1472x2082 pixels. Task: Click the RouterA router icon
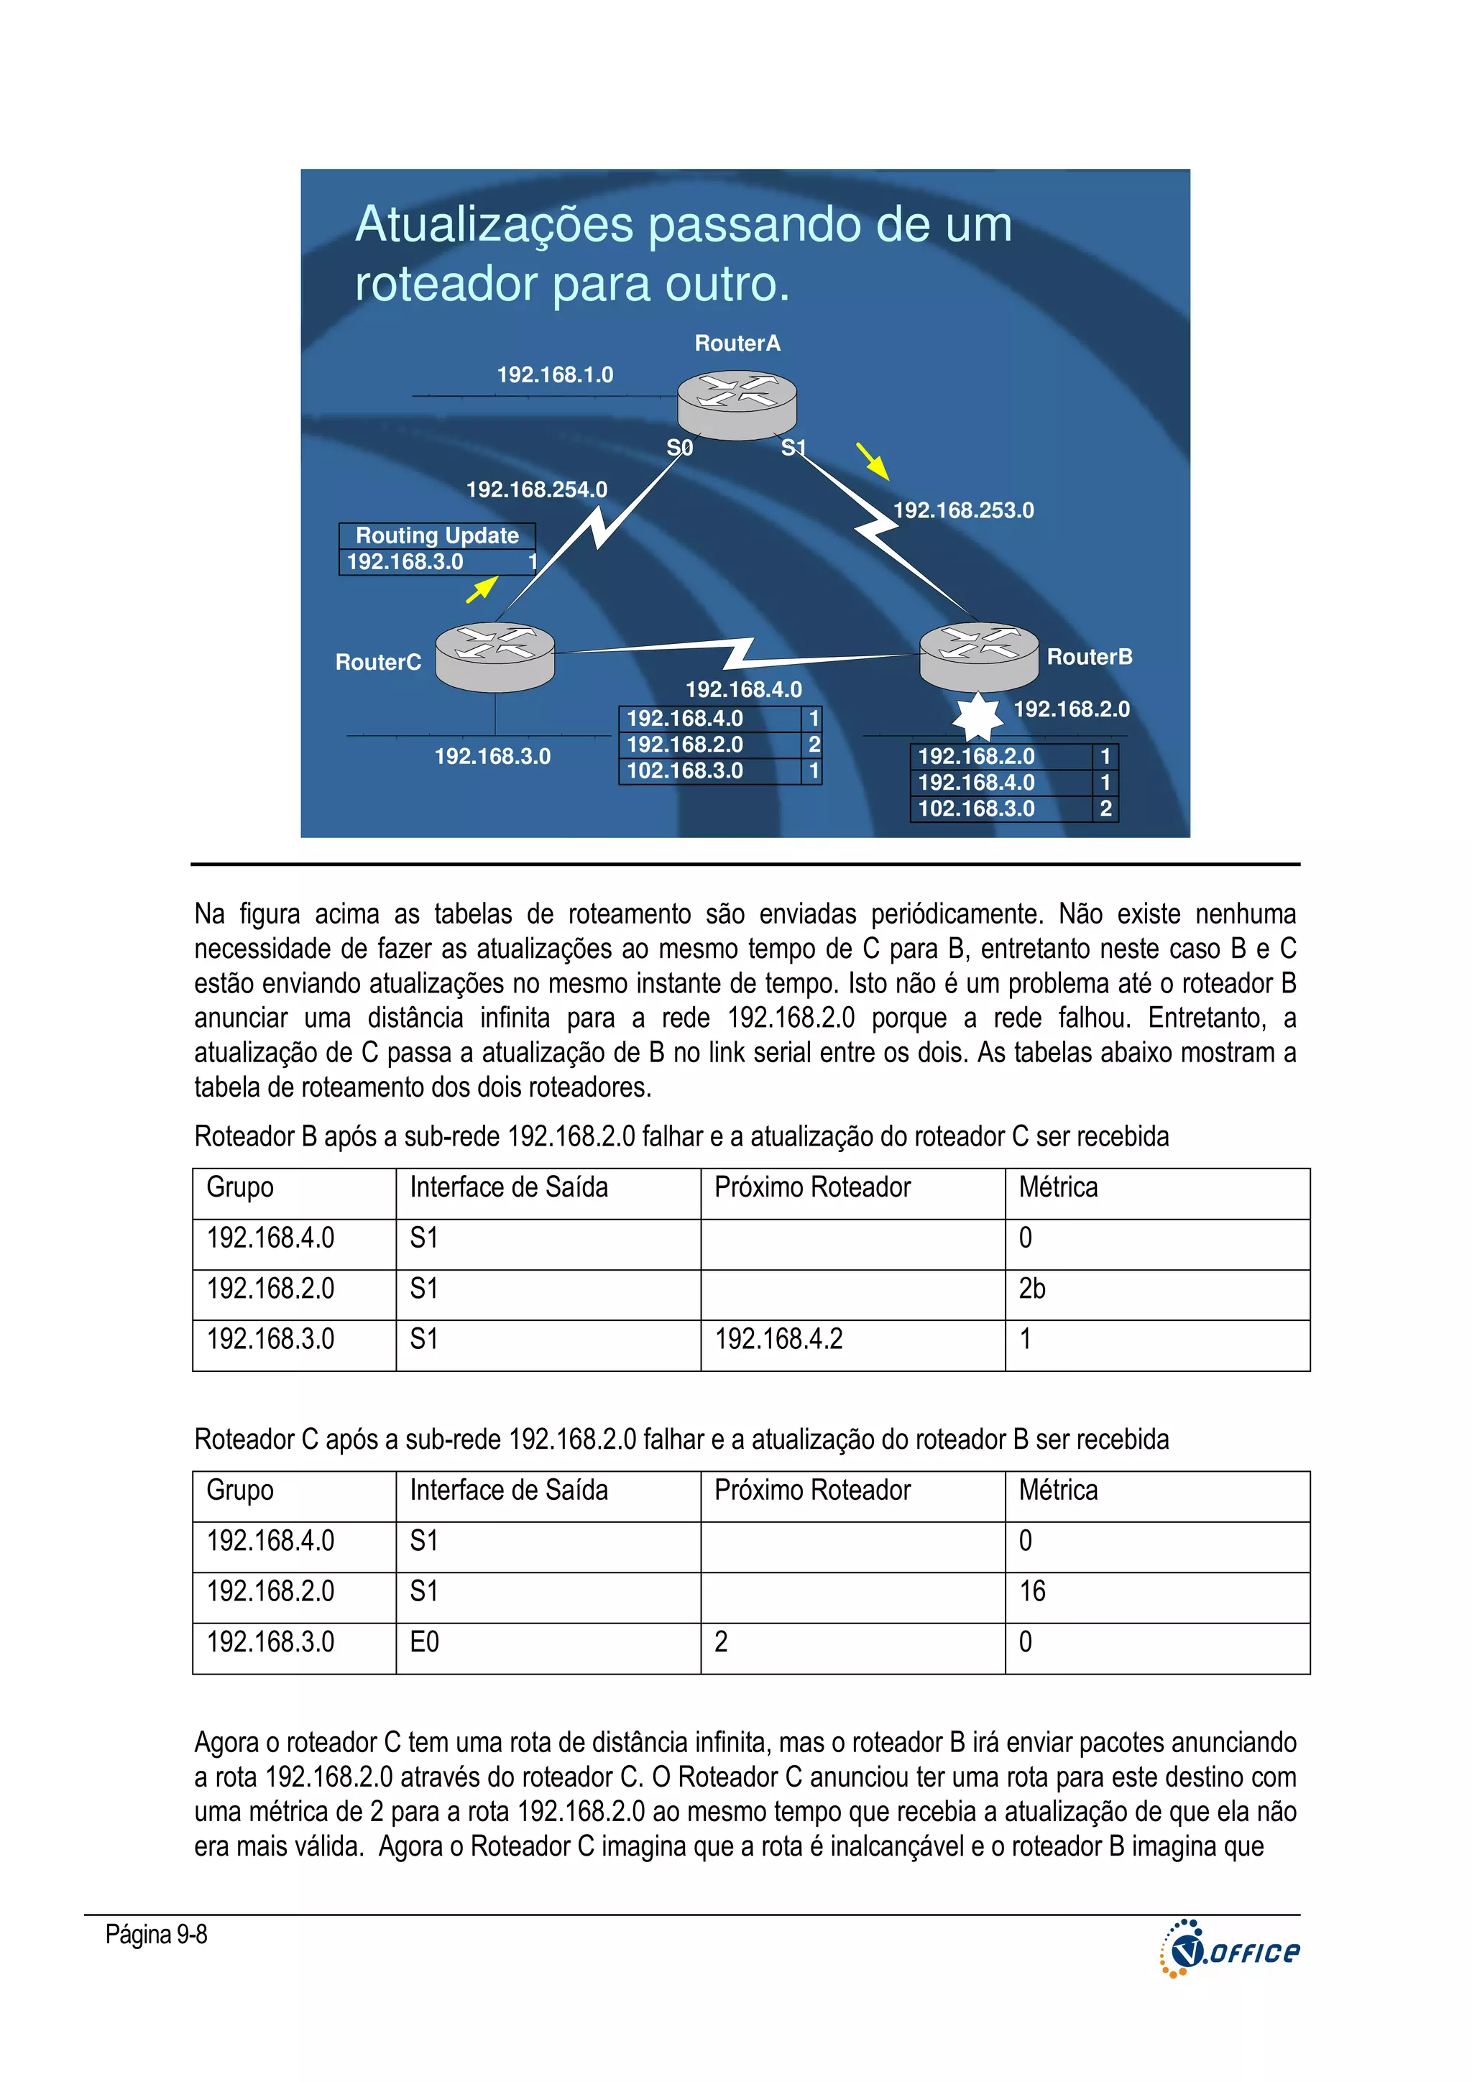[737, 405]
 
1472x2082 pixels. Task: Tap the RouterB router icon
[979, 655]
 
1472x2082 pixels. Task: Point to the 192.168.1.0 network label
[555, 374]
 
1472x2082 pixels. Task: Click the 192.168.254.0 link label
[536, 489]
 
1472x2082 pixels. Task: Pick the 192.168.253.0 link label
[963, 510]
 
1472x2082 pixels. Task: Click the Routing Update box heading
[437, 536]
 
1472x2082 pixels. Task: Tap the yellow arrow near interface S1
[873, 461]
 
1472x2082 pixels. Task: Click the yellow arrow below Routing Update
[482, 589]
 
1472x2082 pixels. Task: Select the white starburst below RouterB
[977, 717]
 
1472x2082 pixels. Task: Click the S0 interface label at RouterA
[679, 447]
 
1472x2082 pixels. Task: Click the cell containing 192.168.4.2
[778, 1340]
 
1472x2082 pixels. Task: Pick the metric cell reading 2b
[1032, 1289]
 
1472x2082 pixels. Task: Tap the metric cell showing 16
[1032, 1591]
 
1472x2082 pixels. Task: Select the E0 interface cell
[425, 1642]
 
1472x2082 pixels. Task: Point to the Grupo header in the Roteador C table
[239, 1491]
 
